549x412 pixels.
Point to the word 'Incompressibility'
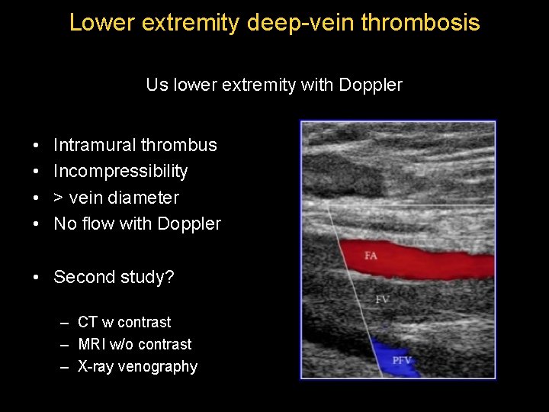120,172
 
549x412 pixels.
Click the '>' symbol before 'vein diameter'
59,198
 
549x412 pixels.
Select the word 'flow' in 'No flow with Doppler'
95,224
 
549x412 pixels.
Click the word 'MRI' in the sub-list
92,345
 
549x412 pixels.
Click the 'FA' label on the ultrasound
371,256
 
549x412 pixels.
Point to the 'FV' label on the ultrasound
382,300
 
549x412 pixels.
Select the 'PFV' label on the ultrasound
403,359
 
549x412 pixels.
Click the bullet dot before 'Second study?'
37,278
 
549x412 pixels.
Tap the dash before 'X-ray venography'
66,367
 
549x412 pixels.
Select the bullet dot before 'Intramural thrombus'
37,146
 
